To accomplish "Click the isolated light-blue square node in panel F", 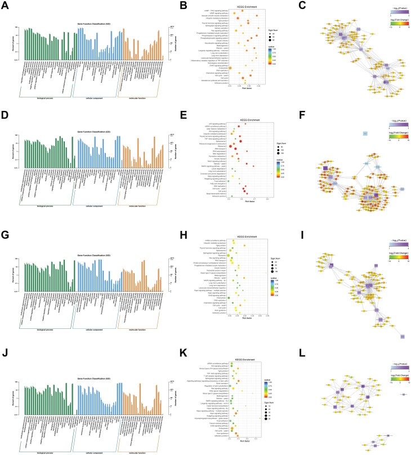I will coord(365,133).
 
